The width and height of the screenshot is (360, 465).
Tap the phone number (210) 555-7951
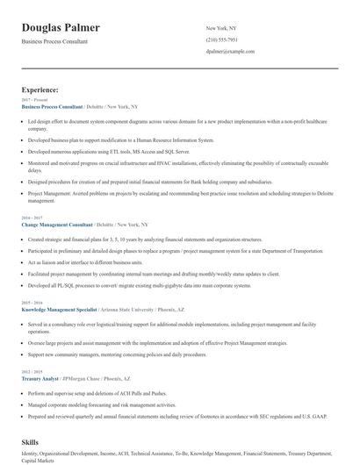(221, 39)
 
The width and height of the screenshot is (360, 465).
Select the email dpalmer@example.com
(230, 51)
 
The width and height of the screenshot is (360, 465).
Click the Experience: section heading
(40, 89)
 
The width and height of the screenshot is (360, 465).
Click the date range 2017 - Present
(34, 100)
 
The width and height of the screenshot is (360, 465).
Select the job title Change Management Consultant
(56, 225)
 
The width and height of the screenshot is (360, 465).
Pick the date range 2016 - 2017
(32, 218)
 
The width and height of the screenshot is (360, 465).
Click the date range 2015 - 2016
(32, 302)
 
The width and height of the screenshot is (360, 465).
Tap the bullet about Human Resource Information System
(120, 139)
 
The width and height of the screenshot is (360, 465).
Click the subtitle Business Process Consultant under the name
(61, 41)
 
